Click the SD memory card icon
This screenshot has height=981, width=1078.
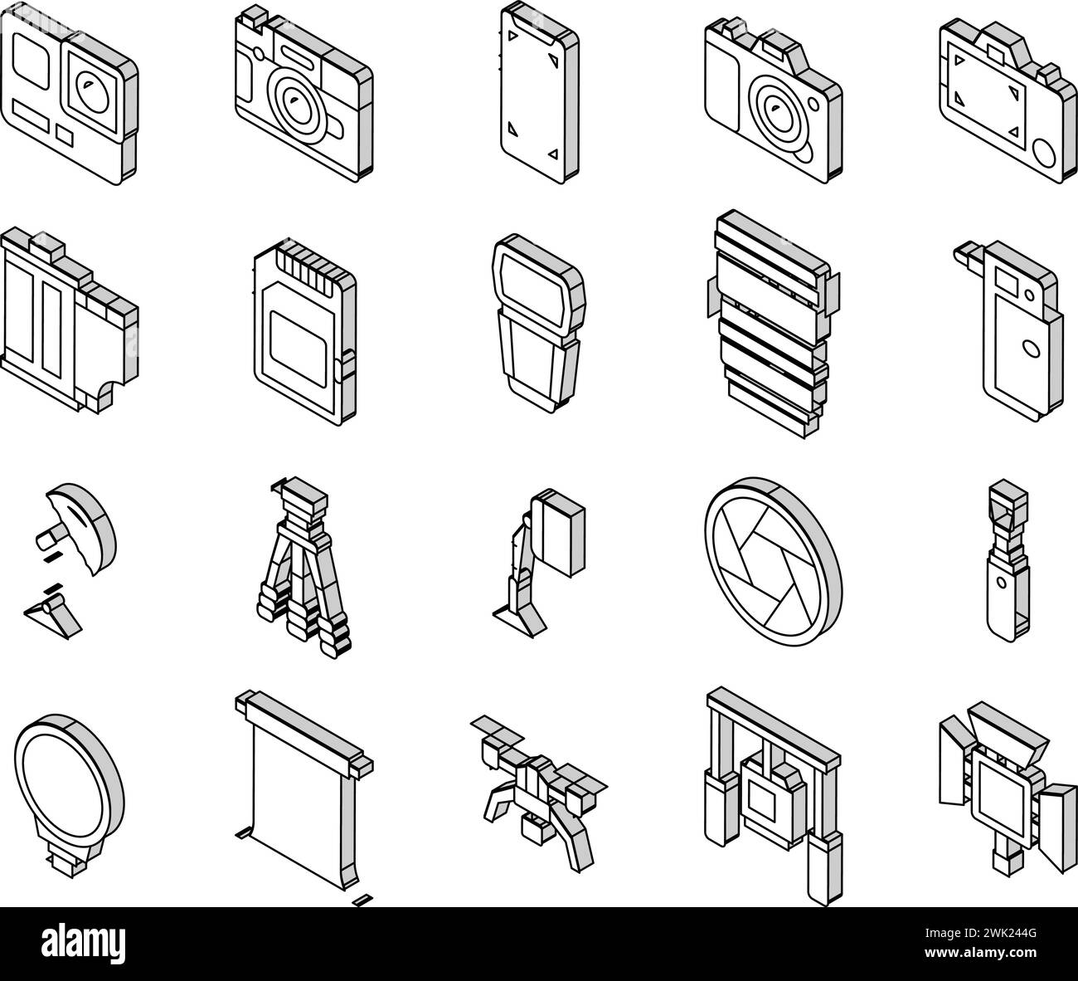click(x=305, y=332)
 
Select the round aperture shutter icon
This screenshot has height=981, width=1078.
click(x=774, y=561)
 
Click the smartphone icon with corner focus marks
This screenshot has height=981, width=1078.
click(x=540, y=93)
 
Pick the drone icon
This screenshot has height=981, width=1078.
click(x=538, y=792)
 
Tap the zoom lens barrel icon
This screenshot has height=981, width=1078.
click(x=774, y=324)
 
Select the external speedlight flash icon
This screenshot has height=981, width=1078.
click(x=539, y=323)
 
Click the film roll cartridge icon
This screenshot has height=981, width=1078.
click(x=70, y=320)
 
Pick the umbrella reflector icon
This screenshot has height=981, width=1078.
click(x=70, y=560)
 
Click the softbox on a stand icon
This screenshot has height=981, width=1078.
click(x=539, y=563)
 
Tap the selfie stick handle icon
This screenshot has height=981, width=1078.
click(x=1008, y=560)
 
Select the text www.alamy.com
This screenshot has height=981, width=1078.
click(x=980, y=953)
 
